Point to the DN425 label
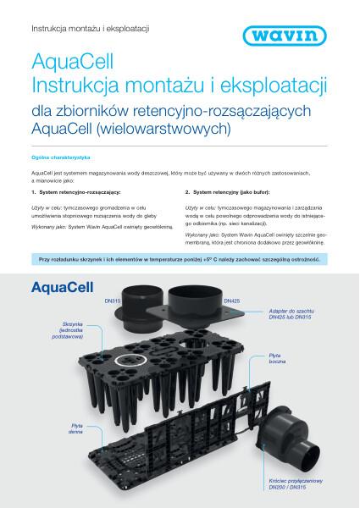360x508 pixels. tap(232, 301)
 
